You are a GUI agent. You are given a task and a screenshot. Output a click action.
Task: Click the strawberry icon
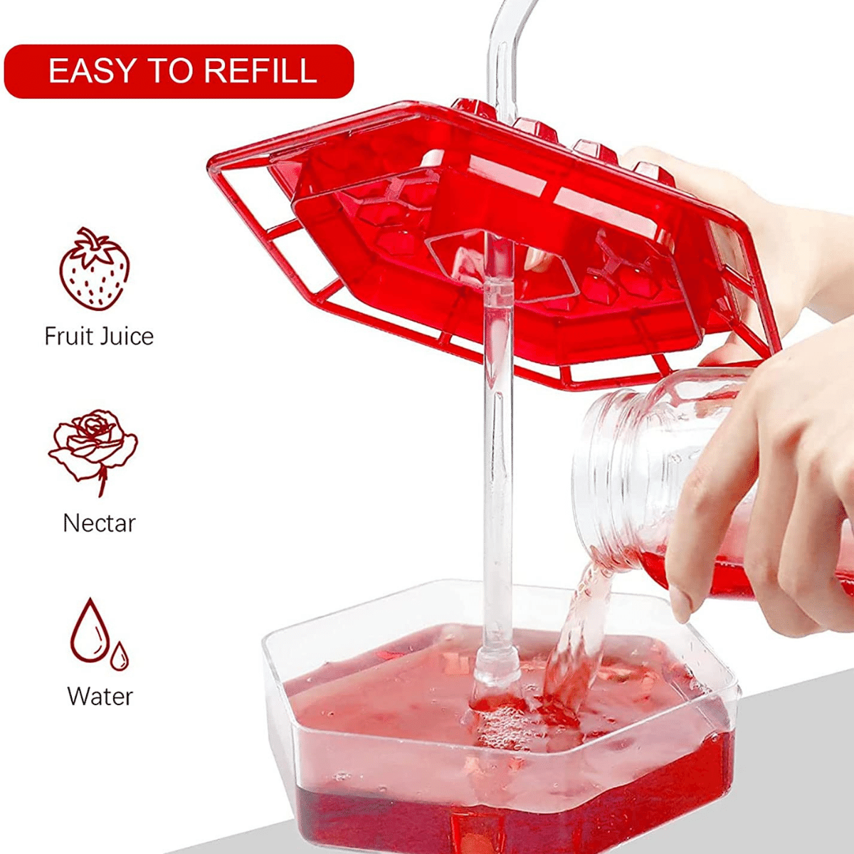click(x=94, y=270)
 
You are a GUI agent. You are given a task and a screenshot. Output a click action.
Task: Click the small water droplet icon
click(x=120, y=655)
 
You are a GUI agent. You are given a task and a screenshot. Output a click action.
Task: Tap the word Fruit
click(x=68, y=336)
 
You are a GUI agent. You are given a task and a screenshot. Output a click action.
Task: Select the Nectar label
click(x=99, y=523)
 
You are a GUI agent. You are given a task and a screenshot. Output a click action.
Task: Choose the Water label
click(x=100, y=695)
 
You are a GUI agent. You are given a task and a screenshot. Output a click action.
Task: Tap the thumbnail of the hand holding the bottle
click(x=680, y=605)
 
